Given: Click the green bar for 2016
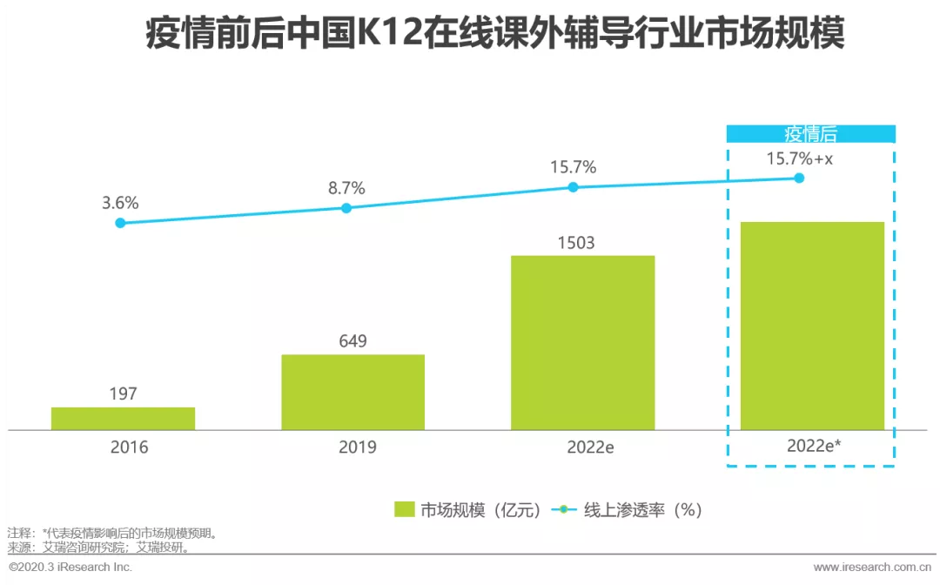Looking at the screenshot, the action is tap(123, 419).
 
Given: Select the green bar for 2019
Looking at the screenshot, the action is tap(353, 392).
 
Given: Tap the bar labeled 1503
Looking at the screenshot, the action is tap(582, 343).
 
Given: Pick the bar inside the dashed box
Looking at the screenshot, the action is tap(812, 326).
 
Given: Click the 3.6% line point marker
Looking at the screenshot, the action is tap(120, 223).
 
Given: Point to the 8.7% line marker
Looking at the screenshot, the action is tap(346, 208).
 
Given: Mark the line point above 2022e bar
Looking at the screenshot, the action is tap(573, 187).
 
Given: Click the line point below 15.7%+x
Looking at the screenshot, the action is tap(799, 178).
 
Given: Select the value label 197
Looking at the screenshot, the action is tap(123, 393).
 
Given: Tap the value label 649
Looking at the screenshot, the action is tap(352, 341).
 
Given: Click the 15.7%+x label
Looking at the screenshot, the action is tap(800, 158).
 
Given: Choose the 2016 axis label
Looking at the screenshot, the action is tap(129, 447).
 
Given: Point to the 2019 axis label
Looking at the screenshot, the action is tap(358, 447).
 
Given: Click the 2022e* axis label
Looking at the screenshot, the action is tap(814, 446).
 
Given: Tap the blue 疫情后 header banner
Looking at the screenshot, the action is tap(811, 134).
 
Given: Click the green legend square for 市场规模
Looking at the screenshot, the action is tap(405, 509).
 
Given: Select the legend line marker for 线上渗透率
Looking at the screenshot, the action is tap(563, 509).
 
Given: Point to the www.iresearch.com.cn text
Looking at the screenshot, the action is tap(872, 567).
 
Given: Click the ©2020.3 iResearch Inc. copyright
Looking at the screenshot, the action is tap(70, 567).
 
